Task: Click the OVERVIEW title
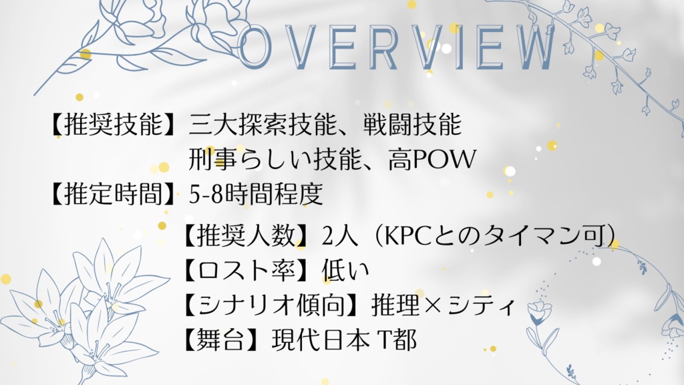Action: point(397,47)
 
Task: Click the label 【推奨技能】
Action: point(114,125)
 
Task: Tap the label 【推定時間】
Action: point(114,194)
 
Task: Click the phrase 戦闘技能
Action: point(412,125)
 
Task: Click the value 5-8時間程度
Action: point(256,194)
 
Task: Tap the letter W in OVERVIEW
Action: point(528,48)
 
